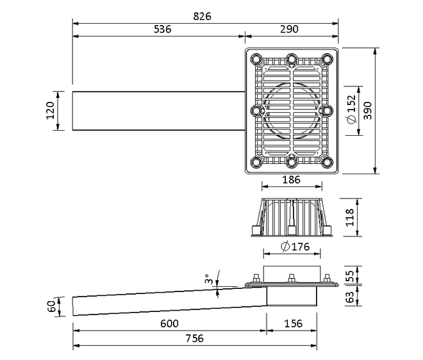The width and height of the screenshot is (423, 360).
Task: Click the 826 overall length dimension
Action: tap(202, 17)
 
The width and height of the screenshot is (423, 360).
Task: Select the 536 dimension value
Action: tap(162, 29)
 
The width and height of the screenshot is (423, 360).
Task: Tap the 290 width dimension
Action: tap(289, 29)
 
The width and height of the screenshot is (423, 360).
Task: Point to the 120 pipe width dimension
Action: tap(50, 110)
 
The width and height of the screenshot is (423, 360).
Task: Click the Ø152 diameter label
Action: tap(351, 110)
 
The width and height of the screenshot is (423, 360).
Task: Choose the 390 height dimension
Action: tap(367, 111)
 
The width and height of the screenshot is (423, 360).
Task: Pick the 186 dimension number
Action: tap(291, 179)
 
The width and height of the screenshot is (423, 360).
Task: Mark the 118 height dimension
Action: tap(350, 217)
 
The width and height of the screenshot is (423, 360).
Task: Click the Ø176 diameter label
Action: tap(295, 247)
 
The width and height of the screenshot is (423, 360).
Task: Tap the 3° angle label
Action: tap(208, 279)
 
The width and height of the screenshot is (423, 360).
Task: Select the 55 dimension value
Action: tap(350, 276)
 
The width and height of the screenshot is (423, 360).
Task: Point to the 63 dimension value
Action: tap(350, 297)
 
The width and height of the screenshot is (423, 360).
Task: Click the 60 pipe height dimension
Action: tap(51, 306)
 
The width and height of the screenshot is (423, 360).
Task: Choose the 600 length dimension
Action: tap(169, 323)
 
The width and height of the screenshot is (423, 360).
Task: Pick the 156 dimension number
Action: tap(294, 323)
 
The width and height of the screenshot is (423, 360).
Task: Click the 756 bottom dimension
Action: tap(194, 338)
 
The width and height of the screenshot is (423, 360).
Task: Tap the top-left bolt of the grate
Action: tap(256, 59)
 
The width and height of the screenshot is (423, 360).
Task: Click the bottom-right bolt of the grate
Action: tap(327, 162)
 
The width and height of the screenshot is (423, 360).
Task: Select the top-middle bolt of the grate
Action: tap(292, 59)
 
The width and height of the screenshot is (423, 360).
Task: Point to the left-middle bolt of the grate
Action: tap(256, 111)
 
